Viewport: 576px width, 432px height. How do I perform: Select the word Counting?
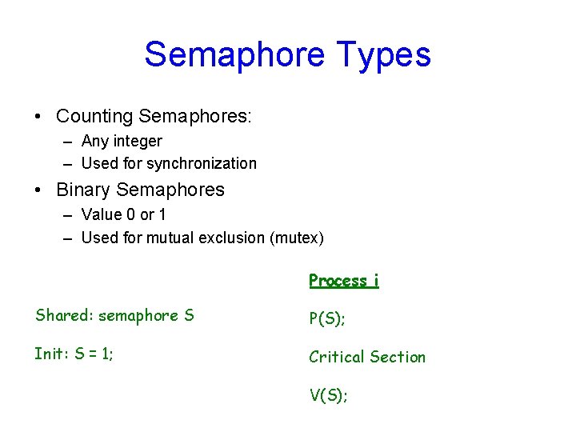tap(94, 116)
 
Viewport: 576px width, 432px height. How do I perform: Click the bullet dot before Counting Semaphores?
tap(38, 117)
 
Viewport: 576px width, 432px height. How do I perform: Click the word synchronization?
tap(202, 164)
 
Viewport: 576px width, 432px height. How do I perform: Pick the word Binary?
tap(83, 190)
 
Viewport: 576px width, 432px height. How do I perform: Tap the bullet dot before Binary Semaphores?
tap(38, 190)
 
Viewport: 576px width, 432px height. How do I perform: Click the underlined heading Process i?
tap(344, 280)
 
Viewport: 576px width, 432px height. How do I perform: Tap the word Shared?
tap(64, 315)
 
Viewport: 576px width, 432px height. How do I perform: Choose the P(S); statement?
tap(327, 318)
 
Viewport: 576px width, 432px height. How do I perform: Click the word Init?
tap(52, 354)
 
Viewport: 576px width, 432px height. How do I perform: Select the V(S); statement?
tap(328, 394)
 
